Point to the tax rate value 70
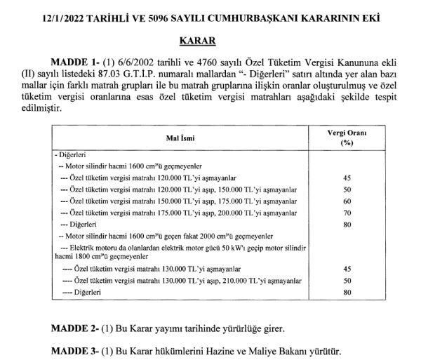click(345, 212)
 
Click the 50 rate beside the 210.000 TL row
click(345, 279)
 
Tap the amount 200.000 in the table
click(236, 212)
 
